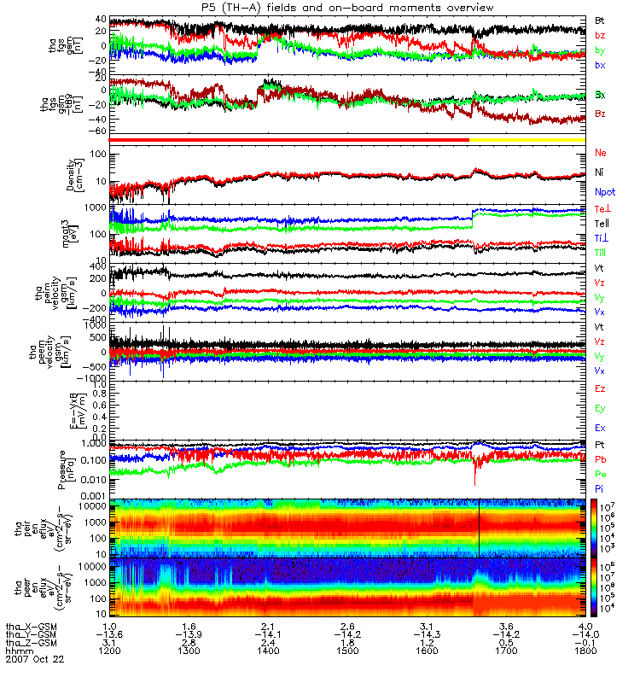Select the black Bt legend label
click(600, 19)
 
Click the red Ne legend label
click(601, 154)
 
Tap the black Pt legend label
click(600, 446)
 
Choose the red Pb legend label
click(600, 459)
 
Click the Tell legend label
click(601, 224)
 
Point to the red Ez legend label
click(600, 388)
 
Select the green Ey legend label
click(600, 408)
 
